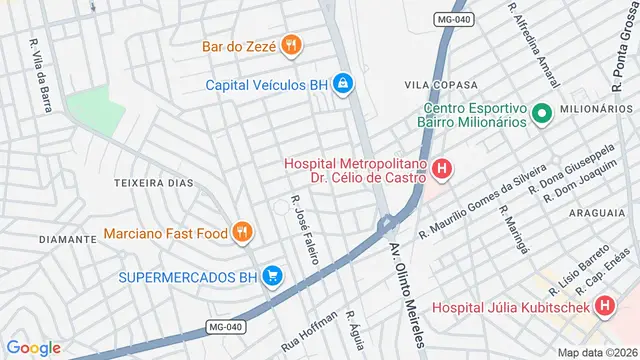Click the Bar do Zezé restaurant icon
pos(291,44)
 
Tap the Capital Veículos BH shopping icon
pos(343,83)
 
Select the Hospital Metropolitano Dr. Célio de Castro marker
pos(442,171)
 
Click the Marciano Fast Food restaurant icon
pos(241,234)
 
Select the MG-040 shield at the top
pos(453,20)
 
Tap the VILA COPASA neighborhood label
pos(436,86)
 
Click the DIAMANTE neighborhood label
pos(66,240)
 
